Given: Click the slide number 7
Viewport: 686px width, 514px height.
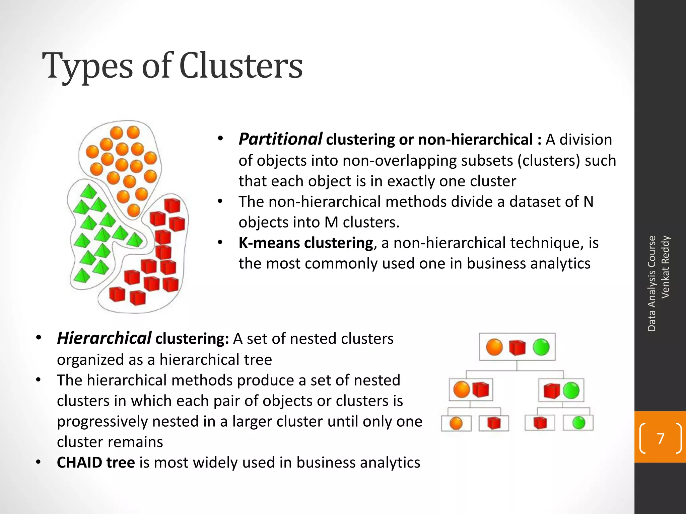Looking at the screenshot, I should pyautogui.click(x=661, y=438).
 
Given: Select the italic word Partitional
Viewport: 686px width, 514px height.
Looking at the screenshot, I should pyautogui.click(x=280, y=139).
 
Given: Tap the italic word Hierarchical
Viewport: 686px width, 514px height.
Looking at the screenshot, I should pyautogui.click(x=104, y=338).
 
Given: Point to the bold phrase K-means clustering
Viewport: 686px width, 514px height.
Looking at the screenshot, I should pyautogui.click(x=305, y=243).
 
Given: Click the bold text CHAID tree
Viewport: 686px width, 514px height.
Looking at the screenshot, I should pyautogui.click(x=96, y=462).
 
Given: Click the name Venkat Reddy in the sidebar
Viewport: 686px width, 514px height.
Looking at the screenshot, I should pyautogui.click(x=665, y=267).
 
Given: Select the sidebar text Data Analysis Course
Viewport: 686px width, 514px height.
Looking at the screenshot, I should pyautogui.click(x=651, y=283).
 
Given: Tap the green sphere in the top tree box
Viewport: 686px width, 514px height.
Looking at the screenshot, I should pyautogui.click(x=541, y=347).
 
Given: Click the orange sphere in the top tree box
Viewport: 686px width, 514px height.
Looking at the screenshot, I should pyautogui.click(x=494, y=347).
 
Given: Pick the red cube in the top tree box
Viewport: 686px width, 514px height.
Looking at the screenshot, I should pyautogui.click(x=517, y=347).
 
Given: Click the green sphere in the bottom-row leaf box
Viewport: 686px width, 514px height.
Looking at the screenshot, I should pyautogui.click(x=578, y=423).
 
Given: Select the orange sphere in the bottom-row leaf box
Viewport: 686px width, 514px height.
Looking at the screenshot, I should pyautogui.click(x=456, y=423).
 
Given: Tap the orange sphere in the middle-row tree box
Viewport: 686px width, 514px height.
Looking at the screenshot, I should pyautogui.click(x=461, y=390).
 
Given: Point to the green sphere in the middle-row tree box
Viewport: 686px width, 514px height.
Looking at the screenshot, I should pyautogui.click(x=571, y=390).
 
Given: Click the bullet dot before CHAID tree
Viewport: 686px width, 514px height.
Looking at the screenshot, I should pyautogui.click(x=39, y=462).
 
